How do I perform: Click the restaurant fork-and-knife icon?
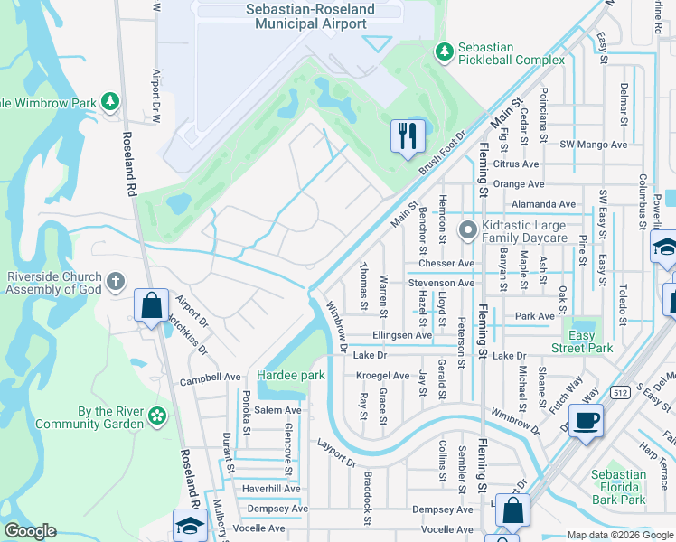click(407, 135)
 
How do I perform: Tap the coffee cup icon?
click(586, 421)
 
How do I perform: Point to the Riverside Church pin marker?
click(114, 282)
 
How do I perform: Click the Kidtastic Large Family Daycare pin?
click(467, 231)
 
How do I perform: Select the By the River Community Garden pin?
click(157, 416)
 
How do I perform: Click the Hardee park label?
click(290, 375)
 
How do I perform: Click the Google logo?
click(30, 531)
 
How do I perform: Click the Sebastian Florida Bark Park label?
click(618, 487)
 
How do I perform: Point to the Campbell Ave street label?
click(210, 377)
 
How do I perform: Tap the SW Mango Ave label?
click(593, 145)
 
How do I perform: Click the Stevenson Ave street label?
click(441, 283)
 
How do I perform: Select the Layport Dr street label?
click(337, 453)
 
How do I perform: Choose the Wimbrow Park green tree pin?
click(110, 102)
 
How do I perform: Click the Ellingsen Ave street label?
click(402, 335)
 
